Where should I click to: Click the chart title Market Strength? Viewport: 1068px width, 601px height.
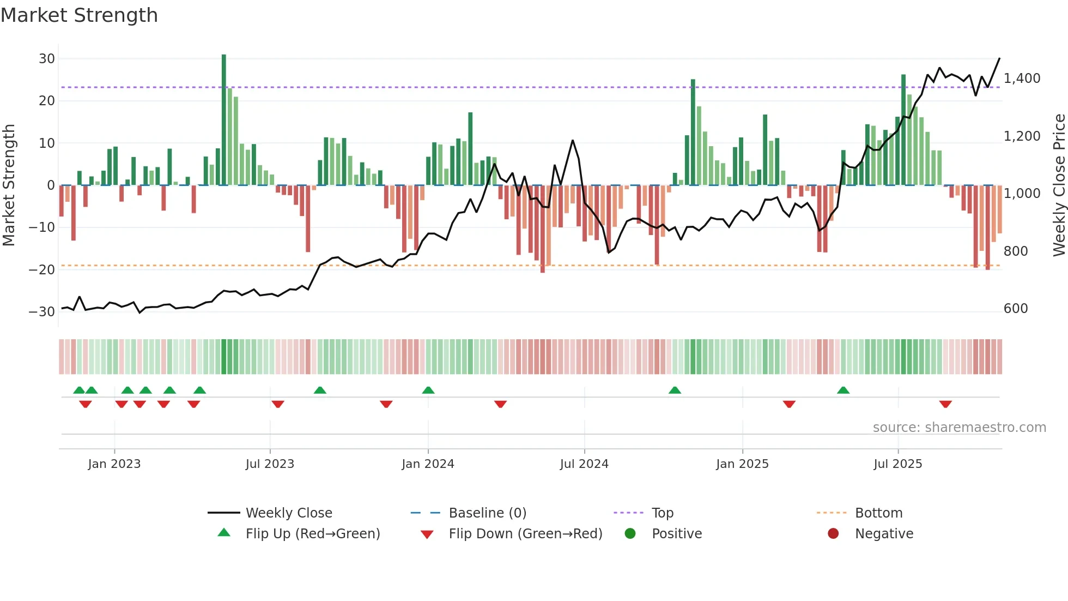tap(79, 15)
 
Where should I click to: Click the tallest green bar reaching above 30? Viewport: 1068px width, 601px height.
tap(224, 119)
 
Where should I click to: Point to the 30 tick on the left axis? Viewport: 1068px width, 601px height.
tap(47, 58)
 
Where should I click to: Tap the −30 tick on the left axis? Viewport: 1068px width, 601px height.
tap(42, 312)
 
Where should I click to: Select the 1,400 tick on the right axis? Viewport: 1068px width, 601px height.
tap(1022, 79)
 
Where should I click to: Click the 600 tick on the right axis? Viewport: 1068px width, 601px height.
tap(1015, 309)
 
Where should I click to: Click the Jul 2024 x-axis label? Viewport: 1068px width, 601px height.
tap(584, 464)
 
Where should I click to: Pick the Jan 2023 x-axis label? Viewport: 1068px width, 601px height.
tap(114, 464)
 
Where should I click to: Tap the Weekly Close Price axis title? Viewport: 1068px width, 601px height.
tap(1059, 185)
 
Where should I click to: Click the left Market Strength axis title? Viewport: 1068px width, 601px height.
tap(9, 185)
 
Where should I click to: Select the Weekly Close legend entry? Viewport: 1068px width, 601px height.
tap(288, 513)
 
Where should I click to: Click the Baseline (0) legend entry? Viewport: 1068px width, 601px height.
tap(487, 513)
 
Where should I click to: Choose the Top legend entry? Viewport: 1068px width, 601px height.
tap(662, 513)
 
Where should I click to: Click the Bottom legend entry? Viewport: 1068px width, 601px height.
tap(878, 513)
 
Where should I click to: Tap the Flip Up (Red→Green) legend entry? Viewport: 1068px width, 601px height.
tap(312, 534)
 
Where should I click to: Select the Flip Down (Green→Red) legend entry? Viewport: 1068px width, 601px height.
tap(525, 534)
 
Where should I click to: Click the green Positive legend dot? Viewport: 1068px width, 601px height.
tap(630, 534)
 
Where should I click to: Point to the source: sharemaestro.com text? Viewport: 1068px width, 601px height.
tap(959, 428)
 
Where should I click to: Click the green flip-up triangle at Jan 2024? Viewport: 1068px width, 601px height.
tap(428, 390)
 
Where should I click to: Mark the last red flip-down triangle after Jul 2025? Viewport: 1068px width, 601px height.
tap(945, 404)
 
